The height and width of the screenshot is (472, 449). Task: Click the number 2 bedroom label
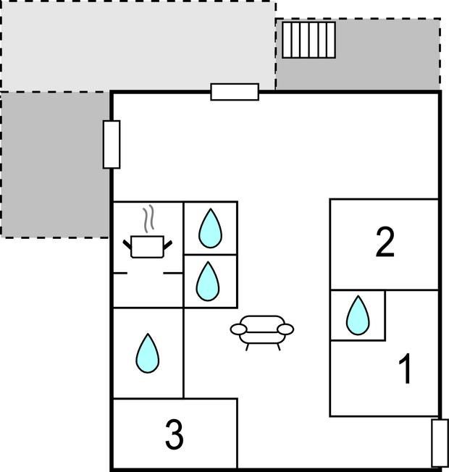(385, 243)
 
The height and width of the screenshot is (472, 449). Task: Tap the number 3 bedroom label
(175, 434)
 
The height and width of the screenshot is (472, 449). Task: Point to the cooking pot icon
(147, 247)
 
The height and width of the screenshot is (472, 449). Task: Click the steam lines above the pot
(148, 219)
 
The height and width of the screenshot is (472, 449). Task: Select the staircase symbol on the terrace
(309, 40)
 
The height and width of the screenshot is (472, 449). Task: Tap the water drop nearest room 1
(358, 315)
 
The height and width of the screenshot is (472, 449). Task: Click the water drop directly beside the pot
(210, 228)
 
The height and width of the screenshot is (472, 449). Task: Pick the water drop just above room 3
(148, 353)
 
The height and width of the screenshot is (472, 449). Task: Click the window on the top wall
(235, 92)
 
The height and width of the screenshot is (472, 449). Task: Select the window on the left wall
(112, 144)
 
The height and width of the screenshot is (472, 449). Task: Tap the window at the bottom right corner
(440, 443)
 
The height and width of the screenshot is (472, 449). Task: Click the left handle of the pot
(127, 245)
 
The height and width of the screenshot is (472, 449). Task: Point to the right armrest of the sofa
(285, 329)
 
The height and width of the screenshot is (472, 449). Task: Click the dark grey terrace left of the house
(55, 165)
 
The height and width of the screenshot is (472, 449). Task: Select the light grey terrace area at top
(138, 46)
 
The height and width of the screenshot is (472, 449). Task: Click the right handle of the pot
(168, 245)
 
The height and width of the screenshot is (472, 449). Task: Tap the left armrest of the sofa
(238, 329)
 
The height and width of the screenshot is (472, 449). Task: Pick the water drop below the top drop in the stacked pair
(208, 281)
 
